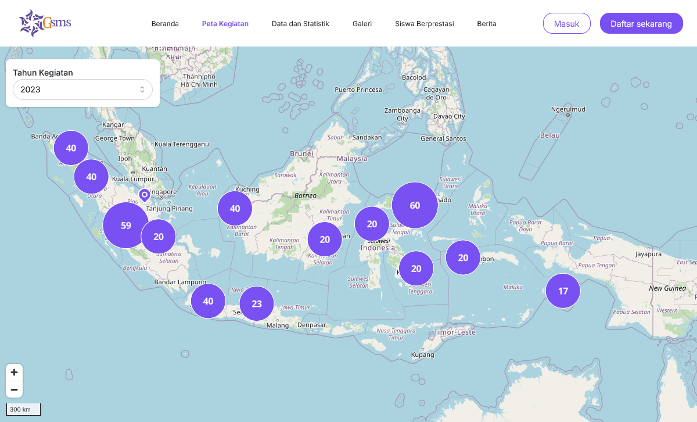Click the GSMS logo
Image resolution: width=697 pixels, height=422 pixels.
pyautogui.click(x=45, y=23)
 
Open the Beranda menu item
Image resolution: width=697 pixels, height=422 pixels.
pyautogui.click(x=165, y=24)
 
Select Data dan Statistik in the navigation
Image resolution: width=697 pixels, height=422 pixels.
pyautogui.click(x=300, y=24)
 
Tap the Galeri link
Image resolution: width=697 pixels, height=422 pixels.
pyautogui.click(x=362, y=24)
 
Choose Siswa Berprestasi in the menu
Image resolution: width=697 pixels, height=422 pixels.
pyautogui.click(x=424, y=24)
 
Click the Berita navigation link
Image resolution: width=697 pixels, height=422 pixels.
pyautogui.click(x=487, y=24)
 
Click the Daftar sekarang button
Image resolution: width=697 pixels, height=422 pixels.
pyautogui.click(x=641, y=24)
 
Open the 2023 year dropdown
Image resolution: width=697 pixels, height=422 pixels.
pyautogui.click(x=82, y=90)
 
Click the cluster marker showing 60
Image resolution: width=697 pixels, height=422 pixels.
pyautogui.click(x=415, y=205)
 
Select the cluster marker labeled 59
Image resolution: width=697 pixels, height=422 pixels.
pyautogui.click(x=126, y=226)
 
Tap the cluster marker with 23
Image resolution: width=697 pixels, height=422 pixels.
pyautogui.click(x=257, y=303)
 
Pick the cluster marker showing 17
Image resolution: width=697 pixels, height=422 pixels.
pyautogui.click(x=563, y=291)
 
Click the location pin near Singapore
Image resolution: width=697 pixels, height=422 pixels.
pyautogui.click(x=145, y=195)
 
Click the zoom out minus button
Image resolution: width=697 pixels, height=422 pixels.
pyautogui.click(x=15, y=389)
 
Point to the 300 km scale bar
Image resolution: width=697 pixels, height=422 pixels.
pyautogui.click(x=23, y=409)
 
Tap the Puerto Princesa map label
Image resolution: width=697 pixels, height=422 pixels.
pyautogui.click(x=358, y=90)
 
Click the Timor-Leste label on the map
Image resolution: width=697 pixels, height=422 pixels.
pyautogui.click(x=455, y=332)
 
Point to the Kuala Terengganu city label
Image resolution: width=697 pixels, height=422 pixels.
pyautogui.click(x=181, y=144)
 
